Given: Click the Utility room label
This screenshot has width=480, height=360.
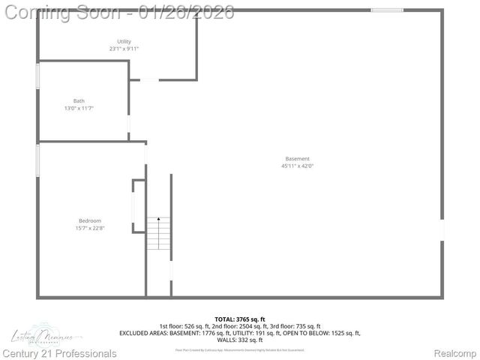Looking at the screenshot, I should (124, 41).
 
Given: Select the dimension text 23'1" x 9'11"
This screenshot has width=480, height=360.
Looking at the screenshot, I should (124, 49).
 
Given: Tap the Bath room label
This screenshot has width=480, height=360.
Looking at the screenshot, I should (79, 101).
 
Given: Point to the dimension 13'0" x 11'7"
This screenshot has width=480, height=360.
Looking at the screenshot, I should (79, 109).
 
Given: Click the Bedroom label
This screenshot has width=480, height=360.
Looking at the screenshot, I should (89, 220).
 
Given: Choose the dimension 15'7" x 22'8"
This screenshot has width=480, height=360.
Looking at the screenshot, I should (89, 228).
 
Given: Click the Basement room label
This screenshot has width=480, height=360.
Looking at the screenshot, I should (297, 158).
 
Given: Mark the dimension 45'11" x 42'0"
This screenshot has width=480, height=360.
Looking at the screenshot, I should (297, 166).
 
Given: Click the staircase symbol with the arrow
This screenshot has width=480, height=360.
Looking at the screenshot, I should (158, 233).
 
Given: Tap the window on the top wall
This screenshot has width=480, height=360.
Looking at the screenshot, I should (387, 10).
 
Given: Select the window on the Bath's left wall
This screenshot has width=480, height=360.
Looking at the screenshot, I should (38, 77).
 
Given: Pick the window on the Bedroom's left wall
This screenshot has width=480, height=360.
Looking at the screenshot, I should (38, 160).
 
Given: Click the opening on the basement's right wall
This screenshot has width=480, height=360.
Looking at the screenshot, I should (442, 229).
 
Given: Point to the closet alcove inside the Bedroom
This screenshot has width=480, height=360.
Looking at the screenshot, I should (139, 206).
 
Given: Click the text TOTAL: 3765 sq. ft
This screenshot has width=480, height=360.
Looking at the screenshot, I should (240, 319).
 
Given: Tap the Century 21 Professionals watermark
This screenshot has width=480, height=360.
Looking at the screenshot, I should (60, 353).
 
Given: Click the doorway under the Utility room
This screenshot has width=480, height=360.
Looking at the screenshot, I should (149, 79).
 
